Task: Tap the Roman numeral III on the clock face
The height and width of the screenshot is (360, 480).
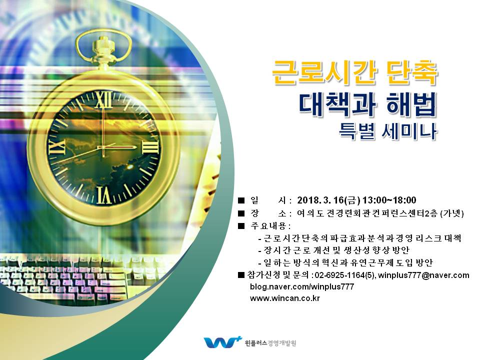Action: [x=150, y=147]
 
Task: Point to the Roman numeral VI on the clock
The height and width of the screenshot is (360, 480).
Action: [x=104, y=195]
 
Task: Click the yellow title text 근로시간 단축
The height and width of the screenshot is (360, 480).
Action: [x=355, y=72]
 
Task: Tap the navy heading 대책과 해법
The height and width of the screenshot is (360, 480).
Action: [x=367, y=104]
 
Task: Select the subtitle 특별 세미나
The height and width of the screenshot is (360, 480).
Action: [x=388, y=131]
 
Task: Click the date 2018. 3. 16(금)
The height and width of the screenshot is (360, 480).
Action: [x=328, y=200]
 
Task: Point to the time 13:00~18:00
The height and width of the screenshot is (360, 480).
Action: [x=389, y=200]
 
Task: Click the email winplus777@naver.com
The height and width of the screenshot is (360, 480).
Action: [x=423, y=275]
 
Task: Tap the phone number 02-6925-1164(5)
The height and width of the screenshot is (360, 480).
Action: [x=344, y=275]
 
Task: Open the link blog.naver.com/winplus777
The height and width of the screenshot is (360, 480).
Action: [x=302, y=287]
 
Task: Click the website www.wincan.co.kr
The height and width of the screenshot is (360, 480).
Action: [x=284, y=298]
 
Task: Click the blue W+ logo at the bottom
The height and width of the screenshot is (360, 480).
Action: [x=222, y=342]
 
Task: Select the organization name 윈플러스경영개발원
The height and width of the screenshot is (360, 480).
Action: [x=270, y=343]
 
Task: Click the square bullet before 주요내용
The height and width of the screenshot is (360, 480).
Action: [x=241, y=226]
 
